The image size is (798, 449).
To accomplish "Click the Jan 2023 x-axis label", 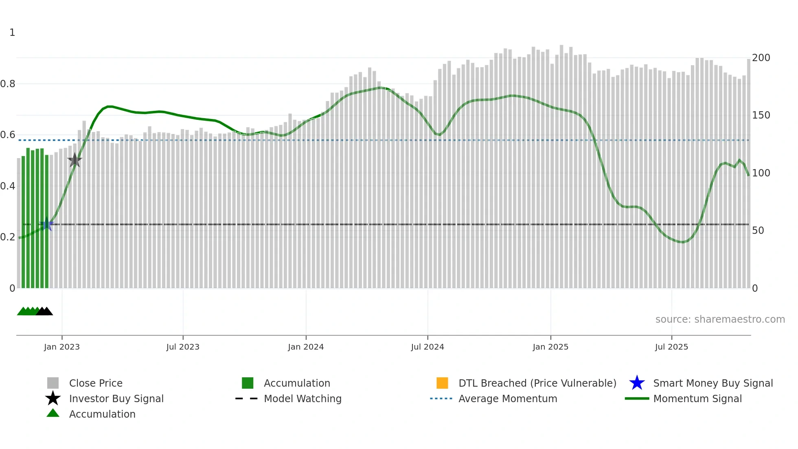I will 62,347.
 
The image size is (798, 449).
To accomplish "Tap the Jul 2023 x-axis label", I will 183,347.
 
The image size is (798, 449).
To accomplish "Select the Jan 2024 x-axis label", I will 306,347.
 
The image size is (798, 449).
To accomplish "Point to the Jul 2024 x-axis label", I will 427,347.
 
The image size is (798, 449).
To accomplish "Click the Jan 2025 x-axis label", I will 550,347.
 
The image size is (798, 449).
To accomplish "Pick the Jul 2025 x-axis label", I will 671,347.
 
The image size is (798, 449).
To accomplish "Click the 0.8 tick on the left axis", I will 8,84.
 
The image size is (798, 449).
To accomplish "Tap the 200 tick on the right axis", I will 761,58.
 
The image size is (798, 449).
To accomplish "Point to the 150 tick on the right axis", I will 761,115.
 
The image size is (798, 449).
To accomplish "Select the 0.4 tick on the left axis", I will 8,186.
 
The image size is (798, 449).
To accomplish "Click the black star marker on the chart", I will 75,160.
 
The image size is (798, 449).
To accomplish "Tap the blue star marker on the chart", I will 47,224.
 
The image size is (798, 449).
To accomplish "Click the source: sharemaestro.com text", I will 720,319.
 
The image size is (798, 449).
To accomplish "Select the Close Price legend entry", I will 96,383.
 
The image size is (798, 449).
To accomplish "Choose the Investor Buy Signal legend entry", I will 116,398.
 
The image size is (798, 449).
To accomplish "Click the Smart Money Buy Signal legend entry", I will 712,383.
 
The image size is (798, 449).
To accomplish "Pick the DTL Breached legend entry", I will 537,383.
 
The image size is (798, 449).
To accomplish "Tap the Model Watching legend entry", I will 303,398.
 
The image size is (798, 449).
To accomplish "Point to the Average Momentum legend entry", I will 508,398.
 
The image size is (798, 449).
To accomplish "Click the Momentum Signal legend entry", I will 697,398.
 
